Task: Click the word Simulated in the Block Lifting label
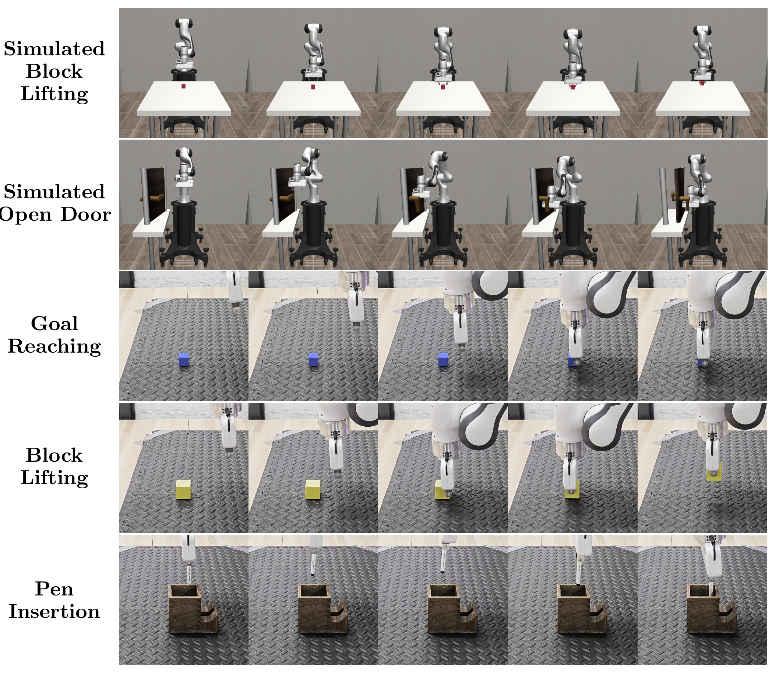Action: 54,49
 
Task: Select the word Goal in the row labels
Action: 54,324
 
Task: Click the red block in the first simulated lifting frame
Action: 183,87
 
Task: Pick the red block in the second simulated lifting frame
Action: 313,87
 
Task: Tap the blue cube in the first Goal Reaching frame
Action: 183,359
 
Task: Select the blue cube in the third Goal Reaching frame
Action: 443,359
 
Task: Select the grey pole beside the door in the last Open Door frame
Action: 664,200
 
